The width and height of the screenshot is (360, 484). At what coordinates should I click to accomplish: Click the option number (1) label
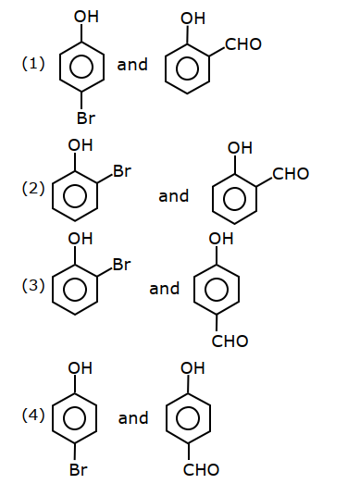pos(33,64)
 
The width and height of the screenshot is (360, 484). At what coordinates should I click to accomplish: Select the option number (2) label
pos(33,188)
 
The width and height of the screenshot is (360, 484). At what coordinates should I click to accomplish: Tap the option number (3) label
pos(33,285)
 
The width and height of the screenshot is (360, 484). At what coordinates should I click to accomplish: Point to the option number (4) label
pos(33,415)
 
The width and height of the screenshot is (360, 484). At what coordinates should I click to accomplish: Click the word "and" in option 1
pos(132,65)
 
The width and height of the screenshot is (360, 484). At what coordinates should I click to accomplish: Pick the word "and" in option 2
pos(173,196)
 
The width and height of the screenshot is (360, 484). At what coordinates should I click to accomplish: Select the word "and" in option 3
pos(164,289)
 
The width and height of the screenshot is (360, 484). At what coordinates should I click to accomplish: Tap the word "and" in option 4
pos(133,418)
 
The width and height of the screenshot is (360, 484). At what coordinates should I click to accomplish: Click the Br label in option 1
pos(86,118)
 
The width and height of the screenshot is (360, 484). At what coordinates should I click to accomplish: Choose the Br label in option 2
pos(122,170)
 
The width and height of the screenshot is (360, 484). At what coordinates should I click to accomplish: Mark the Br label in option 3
pos(121,265)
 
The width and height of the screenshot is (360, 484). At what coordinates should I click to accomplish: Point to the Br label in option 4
pos(79,470)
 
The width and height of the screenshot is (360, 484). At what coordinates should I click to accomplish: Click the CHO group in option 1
pos(243,44)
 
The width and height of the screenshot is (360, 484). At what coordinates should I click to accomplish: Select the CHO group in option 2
pos(291,174)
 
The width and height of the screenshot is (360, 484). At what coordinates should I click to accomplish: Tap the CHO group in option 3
pos(230,341)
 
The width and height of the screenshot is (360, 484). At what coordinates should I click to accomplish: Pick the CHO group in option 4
pos(201,470)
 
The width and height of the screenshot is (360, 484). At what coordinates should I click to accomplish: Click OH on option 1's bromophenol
pos(86,17)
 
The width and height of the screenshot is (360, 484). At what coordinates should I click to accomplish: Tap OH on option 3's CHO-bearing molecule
pos(221,239)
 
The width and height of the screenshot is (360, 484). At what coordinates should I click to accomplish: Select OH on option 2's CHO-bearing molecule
pos(240,148)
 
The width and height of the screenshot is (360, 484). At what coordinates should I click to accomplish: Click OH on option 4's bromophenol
pos(81,368)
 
